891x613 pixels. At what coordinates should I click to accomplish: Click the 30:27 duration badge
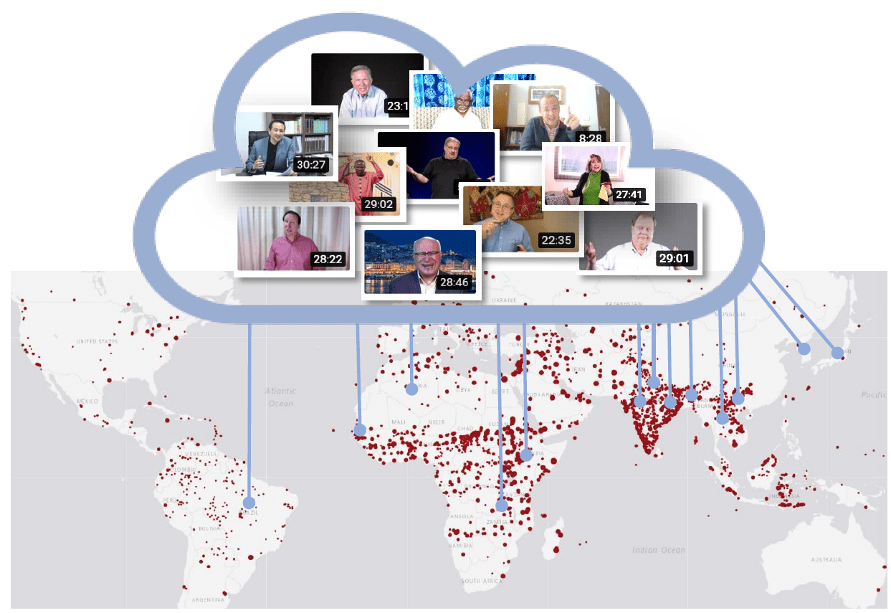(x=311, y=164)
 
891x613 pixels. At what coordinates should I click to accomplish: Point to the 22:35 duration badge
(x=556, y=240)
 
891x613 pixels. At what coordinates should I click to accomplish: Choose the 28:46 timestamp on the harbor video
(x=454, y=282)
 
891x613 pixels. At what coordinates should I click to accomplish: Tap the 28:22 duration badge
(x=327, y=259)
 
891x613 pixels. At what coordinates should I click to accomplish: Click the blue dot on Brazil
(x=249, y=503)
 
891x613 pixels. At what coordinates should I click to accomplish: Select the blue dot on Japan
(x=837, y=352)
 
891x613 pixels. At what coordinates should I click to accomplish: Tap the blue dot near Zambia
(x=502, y=505)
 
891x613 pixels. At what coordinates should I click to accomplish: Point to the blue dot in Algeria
(x=411, y=390)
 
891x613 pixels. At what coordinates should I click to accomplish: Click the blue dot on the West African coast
(x=360, y=430)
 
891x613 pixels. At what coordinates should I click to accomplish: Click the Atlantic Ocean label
(x=280, y=397)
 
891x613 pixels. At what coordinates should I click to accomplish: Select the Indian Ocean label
(x=658, y=550)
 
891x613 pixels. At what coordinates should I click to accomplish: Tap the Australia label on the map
(x=826, y=559)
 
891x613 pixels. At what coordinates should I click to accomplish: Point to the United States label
(x=96, y=341)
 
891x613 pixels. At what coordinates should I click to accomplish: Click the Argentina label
(x=209, y=599)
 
